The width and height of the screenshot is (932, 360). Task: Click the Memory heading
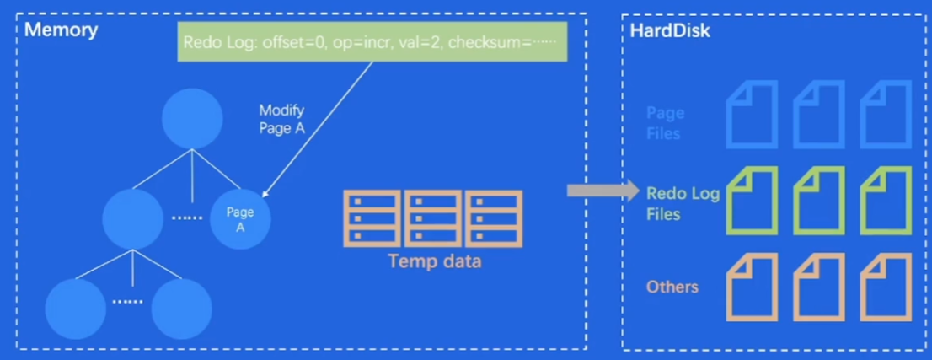[x=62, y=30]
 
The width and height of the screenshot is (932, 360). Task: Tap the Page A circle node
[x=240, y=218]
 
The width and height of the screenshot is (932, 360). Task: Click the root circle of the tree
[x=192, y=118]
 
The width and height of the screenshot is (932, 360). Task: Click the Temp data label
[x=434, y=261]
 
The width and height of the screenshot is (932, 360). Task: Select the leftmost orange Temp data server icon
[x=372, y=218]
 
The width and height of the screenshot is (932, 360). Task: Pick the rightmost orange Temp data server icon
[x=494, y=218]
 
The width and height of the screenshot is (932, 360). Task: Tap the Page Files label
[x=665, y=123]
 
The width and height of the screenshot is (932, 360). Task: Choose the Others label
[x=672, y=287]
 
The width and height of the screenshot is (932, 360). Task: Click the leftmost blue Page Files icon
[x=752, y=116]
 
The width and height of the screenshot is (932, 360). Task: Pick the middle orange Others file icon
[x=818, y=287]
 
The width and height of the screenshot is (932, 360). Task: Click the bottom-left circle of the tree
[x=75, y=308]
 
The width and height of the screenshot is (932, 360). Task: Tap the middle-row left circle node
[x=131, y=218]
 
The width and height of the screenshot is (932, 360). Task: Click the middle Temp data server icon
[x=432, y=218]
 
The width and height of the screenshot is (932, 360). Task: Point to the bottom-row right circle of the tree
[x=181, y=308]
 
